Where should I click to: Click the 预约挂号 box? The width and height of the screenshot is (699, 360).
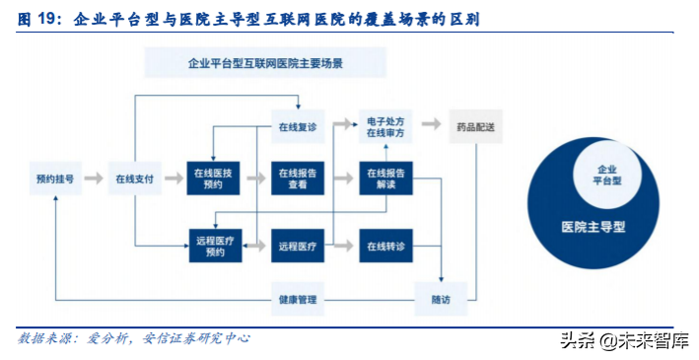coord(55,179)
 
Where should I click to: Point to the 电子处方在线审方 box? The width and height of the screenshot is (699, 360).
coord(385,126)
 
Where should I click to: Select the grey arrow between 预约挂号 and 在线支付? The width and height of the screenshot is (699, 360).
coord(94,179)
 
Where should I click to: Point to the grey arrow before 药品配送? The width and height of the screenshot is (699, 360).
coord(431,125)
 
